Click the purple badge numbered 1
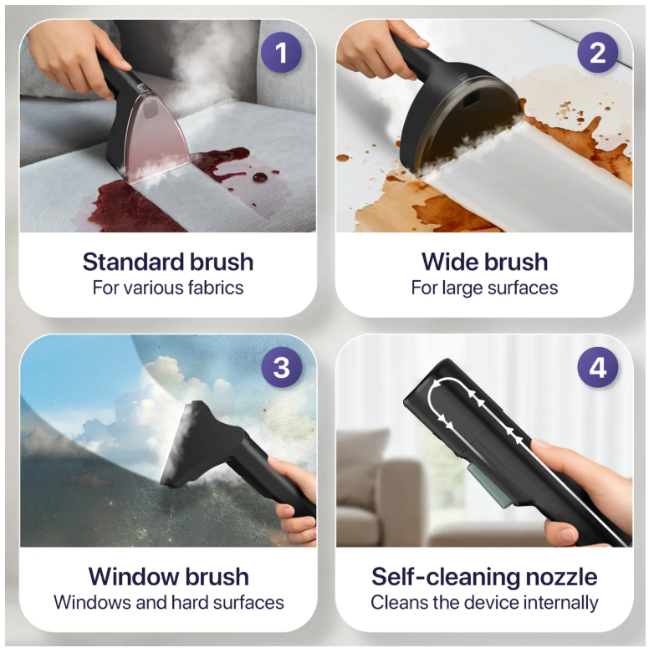tap(281, 53)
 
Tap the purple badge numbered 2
tap(598, 53)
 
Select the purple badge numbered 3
tap(282, 367)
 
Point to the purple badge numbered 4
tap(598, 367)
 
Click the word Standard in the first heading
tap(133, 262)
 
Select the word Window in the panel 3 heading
tap(134, 577)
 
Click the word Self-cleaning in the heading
tap(446, 578)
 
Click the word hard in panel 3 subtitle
tap(190, 603)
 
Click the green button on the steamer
tap(490, 486)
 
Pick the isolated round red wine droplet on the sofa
tap(260, 176)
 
